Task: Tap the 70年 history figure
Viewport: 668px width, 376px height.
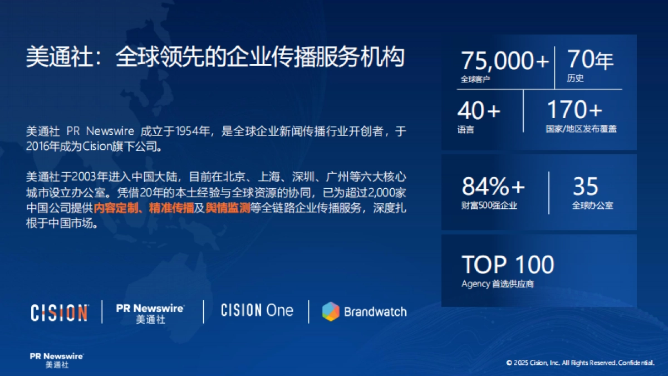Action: click(x=590, y=60)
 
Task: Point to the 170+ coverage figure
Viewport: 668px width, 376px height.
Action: click(x=574, y=110)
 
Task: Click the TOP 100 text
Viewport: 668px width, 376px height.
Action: click(x=508, y=265)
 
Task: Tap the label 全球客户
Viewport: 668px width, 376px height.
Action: click(x=475, y=79)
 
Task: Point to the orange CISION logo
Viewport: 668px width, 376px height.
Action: click(x=59, y=312)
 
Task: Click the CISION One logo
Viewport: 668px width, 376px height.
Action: click(x=257, y=311)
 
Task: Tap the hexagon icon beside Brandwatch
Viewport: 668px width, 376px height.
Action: click(x=331, y=311)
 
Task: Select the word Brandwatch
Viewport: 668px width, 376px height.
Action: click(x=375, y=311)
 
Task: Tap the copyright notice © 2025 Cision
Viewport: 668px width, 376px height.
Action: click(x=580, y=363)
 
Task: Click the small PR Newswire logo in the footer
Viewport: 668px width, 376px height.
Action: click(x=57, y=360)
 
